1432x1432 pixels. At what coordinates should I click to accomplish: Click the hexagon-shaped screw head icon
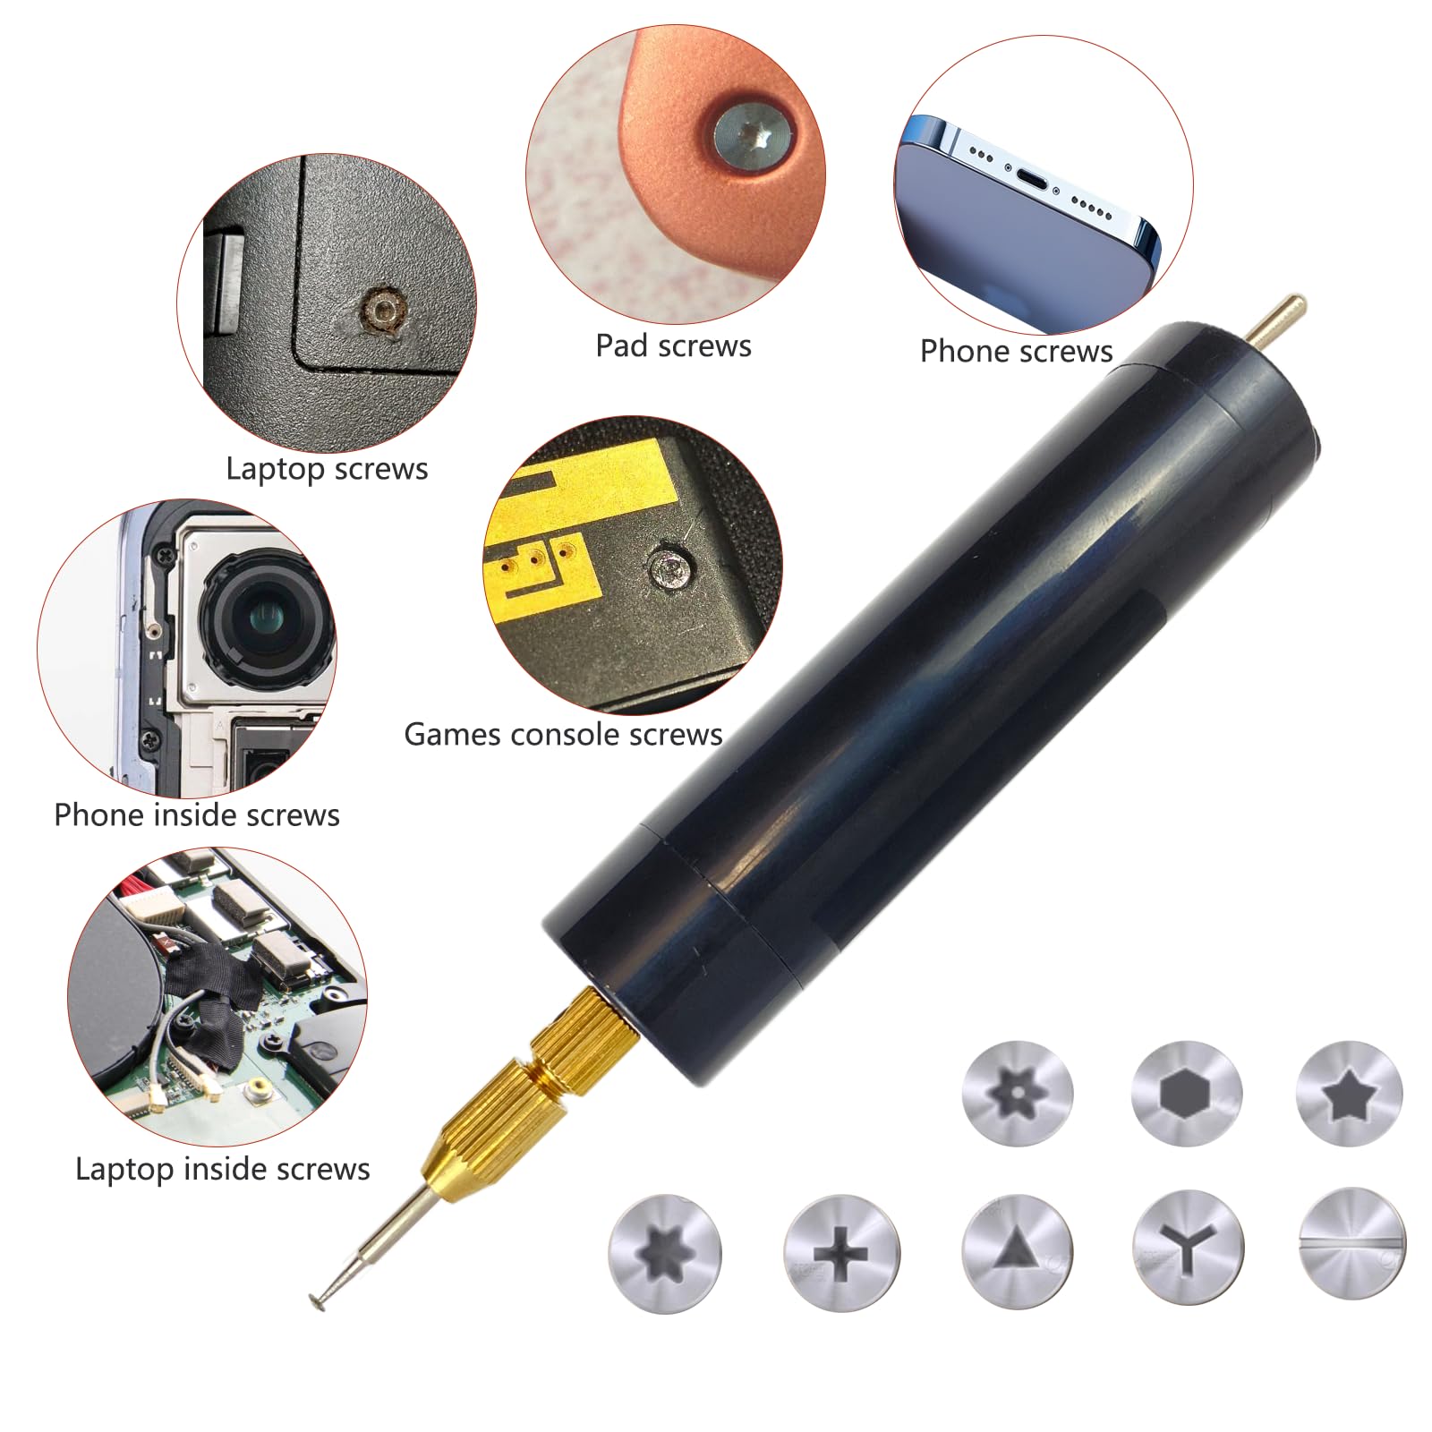coord(1187,1093)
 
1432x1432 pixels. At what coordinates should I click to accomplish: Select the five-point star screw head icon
coord(1350,1093)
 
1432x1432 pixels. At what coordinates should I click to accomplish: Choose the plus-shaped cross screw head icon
coord(841,1252)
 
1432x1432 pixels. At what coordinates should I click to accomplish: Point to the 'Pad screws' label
coord(673,345)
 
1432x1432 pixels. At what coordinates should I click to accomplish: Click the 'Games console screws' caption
coord(563,734)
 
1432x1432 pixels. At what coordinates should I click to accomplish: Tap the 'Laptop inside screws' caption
coord(222,1169)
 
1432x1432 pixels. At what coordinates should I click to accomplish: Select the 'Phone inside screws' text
coord(197,814)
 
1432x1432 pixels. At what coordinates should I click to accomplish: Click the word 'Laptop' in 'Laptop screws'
coord(276,469)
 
